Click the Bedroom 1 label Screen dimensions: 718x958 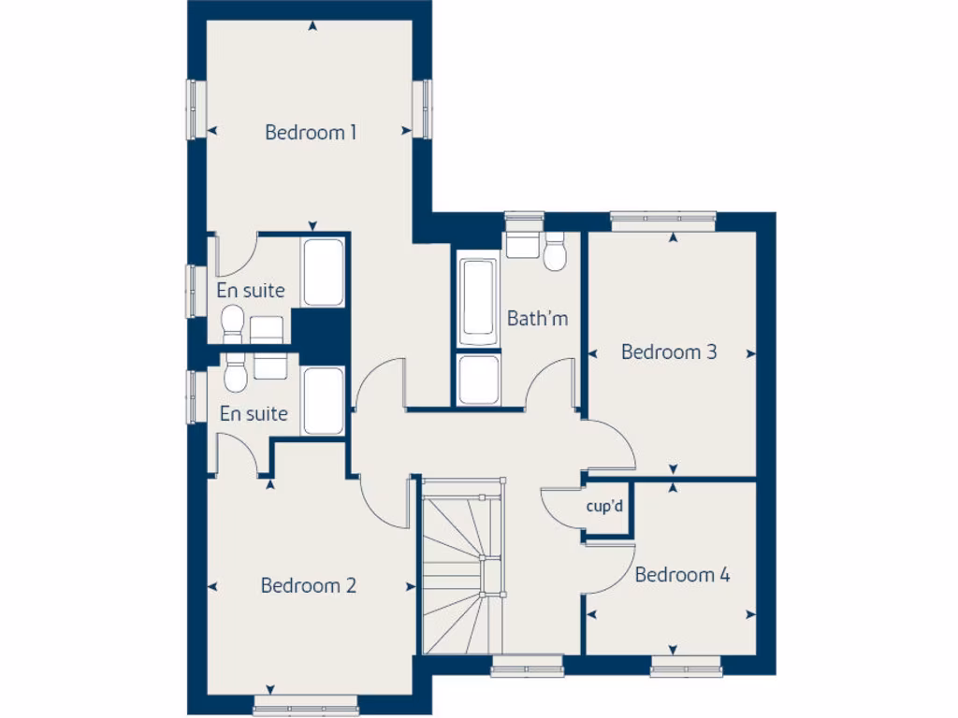click(x=311, y=132)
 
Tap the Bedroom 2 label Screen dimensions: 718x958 click(x=308, y=586)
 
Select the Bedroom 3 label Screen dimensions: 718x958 click(x=669, y=352)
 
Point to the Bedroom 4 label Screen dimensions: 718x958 click(x=682, y=575)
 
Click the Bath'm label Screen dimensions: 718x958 click(x=537, y=319)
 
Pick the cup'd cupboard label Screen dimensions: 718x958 click(x=604, y=507)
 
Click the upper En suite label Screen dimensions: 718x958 click(x=251, y=291)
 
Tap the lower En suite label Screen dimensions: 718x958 click(x=254, y=413)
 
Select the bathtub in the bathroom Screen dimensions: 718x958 click(x=477, y=299)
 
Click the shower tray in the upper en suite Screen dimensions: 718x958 click(x=324, y=271)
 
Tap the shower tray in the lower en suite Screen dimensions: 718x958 click(x=324, y=401)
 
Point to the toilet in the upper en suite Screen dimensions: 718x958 click(x=231, y=325)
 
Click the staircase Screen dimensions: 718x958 click(x=464, y=566)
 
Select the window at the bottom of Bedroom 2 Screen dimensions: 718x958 click(x=305, y=703)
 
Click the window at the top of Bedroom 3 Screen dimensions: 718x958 click(x=663, y=221)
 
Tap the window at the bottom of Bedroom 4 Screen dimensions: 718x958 click(x=687, y=666)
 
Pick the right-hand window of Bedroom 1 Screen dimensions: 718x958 click(x=423, y=108)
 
